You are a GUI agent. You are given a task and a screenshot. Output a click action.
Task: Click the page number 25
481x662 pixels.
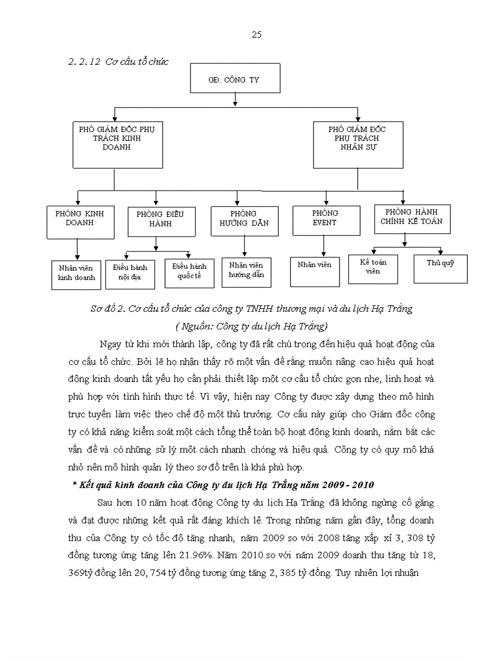(256, 35)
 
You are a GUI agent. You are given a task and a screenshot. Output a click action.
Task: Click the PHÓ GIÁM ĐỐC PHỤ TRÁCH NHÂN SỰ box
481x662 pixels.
(358, 144)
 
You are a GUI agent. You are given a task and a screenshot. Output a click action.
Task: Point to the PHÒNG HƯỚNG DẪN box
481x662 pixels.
(244, 220)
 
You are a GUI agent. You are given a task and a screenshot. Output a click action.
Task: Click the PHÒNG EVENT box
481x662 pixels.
(324, 220)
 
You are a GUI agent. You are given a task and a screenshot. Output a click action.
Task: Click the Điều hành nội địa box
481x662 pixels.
(130, 272)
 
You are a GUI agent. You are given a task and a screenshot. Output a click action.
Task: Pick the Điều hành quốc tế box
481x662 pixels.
(189, 272)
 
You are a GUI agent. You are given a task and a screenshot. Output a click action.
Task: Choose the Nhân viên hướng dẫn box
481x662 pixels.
(246, 271)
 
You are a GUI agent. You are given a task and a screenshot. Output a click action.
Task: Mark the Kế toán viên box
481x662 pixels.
(373, 268)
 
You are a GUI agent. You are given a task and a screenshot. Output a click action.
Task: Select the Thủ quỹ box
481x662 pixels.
(441, 268)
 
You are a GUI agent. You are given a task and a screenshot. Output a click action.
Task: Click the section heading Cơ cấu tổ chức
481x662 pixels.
(136, 62)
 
